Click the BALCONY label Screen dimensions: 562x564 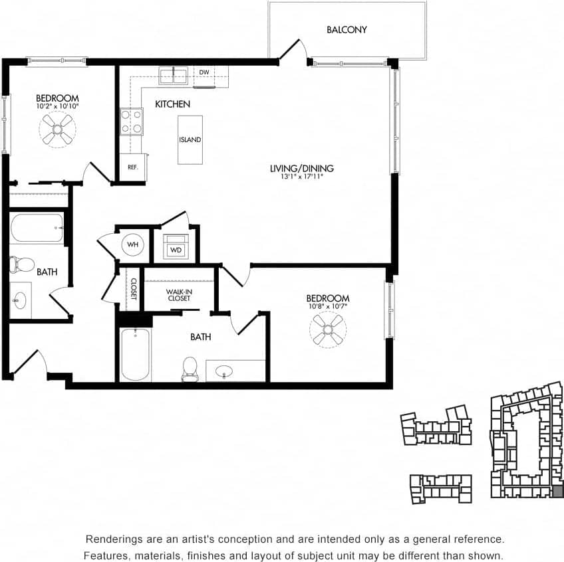[x=347, y=30]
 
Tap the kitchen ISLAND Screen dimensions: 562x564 [x=190, y=140]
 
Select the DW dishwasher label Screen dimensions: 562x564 [x=204, y=72]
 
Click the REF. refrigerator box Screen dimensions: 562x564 [x=133, y=167]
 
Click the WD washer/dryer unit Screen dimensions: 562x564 [x=176, y=246]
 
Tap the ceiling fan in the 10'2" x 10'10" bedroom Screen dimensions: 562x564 [x=57, y=128]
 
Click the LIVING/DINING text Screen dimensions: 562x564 [x=301, y=169]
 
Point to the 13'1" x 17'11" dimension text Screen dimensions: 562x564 [x=301, y=178]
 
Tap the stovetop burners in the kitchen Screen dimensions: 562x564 [x=131, y=121]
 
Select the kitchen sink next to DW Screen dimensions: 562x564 [x=174, y=74]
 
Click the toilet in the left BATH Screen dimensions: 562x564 [x=22, y=265]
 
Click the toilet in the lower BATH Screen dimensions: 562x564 [x=190, y=369]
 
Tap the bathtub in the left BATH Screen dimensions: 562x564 [x=37, y=229]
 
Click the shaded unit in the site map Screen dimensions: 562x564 [x=557, y=492]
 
